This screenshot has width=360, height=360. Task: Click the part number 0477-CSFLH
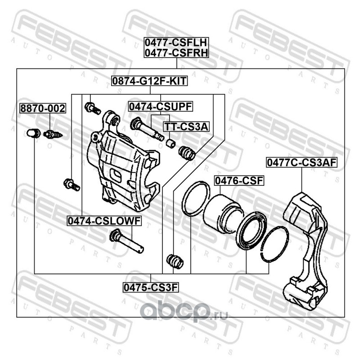tap(175, 43)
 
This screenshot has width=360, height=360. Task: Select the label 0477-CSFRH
tap(175, 54)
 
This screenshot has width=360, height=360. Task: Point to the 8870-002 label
tap(42, 108)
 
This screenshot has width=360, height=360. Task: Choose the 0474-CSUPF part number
tap(160, 107)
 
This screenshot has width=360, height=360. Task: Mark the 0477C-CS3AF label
tap(301, 162)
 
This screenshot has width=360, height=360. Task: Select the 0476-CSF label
tap(238, 181)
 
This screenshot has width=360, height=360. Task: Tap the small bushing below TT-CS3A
tap(171, 143)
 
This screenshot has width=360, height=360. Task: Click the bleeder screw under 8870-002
tap(53, 133)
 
